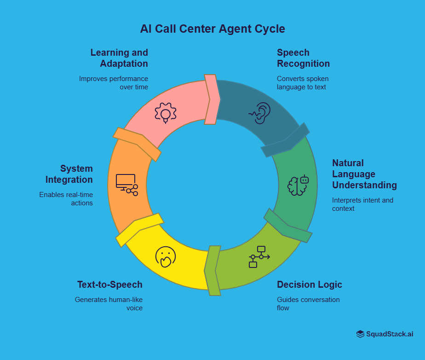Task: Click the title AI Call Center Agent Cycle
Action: pos(212,29)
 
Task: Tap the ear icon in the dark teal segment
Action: pos(261,113)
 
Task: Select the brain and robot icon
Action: pos(298,186)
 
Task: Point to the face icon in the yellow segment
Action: pos(166,257)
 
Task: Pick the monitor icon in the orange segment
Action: pos(126,185)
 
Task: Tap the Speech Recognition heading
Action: pos(303,58)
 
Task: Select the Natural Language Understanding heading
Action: pos(364,174)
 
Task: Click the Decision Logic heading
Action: pos(310,285)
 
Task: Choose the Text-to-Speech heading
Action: pos(110,285)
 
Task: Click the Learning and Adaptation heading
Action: pos(119,58)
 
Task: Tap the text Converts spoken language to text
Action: pos(303,83)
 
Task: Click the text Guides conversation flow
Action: pos(308,304)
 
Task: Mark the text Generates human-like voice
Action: pos(109,304)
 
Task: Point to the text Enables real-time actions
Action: pos(66,199)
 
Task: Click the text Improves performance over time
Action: pos(114,83)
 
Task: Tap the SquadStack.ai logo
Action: pos(385,334)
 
